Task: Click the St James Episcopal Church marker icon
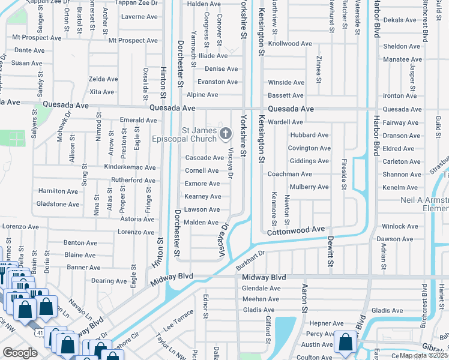coord(226,133)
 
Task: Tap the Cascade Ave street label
coord(204,158)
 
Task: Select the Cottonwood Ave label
coord(296,230)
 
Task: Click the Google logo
coord(20,353)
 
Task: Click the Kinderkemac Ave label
coord(130,167)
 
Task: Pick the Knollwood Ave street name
coord(290,44)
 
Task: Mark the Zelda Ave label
coord(103,79)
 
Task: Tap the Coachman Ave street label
coord(290,174)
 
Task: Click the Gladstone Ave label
coord(58,204)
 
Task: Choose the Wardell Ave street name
coord(285,122)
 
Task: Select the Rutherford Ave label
coord(133,180)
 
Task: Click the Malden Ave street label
coord(204,223)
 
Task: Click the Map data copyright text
coord(423,355)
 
